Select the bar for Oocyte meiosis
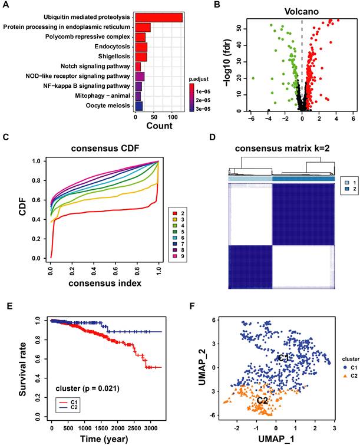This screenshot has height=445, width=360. coord(139,106)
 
